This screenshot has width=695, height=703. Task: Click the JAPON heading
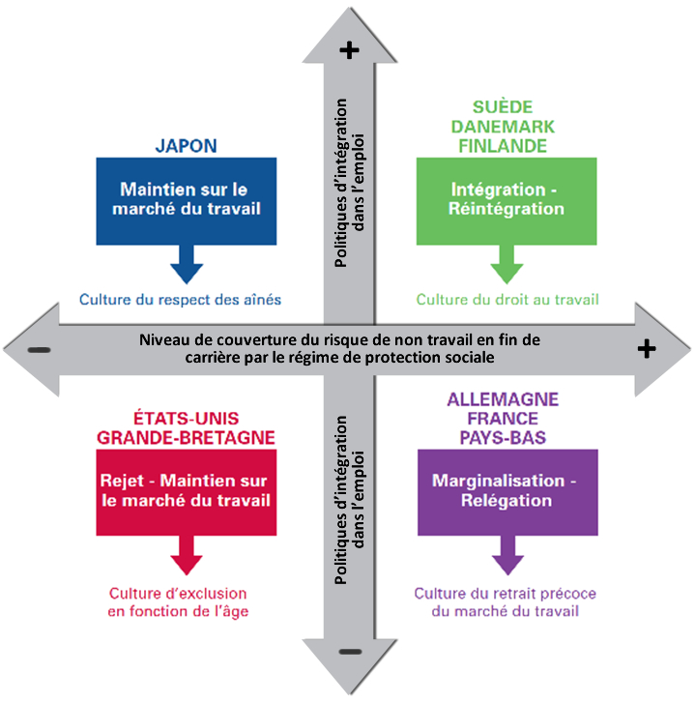tap(186, 146)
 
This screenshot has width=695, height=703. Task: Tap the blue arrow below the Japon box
tap(186, 260)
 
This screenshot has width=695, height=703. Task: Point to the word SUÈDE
tap(503, 108)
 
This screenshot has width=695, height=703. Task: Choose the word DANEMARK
tap(503, 127)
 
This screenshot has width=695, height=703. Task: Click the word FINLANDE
tap(503, 146)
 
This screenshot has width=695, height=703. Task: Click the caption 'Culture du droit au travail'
tap(507, 300)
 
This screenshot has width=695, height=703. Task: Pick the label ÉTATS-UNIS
tap(186, 420)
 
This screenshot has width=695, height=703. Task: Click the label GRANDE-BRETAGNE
tap(186, 438)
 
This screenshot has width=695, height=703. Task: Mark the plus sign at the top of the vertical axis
tap(349, 49)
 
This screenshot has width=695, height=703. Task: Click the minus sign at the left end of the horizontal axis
tap(37, 349)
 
